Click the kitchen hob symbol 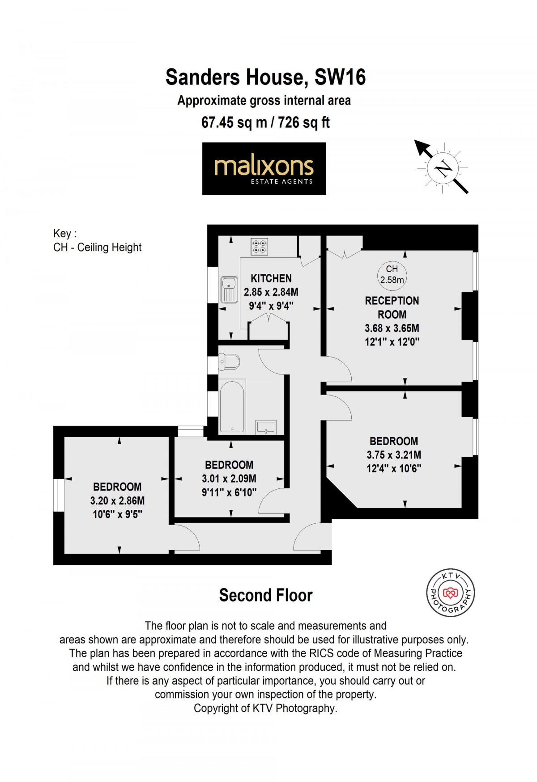pyautogui.click(x=260, y=247)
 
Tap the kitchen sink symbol pyautogui.click(x=229, y=290)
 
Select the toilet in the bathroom pyautogui.click(x=229, y=362)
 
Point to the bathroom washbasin pyautogui.click(x=266, y=427)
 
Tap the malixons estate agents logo pyautogui.click(x=264, y=168)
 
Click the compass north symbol pyautogui.click(x=443, y=168)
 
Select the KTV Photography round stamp pyautogui.click(x=450, y=593)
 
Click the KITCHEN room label pyautogui.click(x=271, y=278)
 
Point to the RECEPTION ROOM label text pyautogui.click(x=392, y=307)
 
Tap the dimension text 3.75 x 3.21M pyautogui.click(x=394, y=455)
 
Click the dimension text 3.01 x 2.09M pyautogui.click(x=229, y=479)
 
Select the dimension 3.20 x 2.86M pyautogui.click(x=117, y=500)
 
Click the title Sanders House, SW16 pyautogui.click(x=266, y=77)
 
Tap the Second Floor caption pyautogui.click(x=266, y=595)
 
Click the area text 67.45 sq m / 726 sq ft pyautogui.click(x=266, y=122)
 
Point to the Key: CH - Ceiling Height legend pyautogui.click(x=97, y=241)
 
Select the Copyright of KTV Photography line pyautogui.click(x=266, y=708)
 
